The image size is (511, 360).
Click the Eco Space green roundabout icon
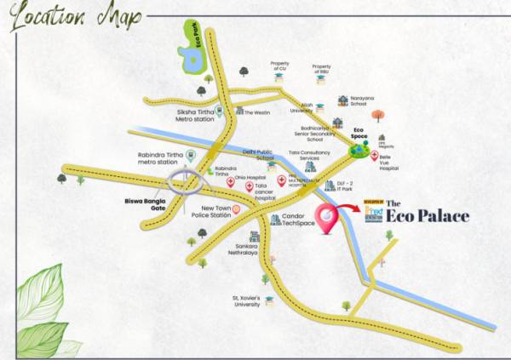(359, 150)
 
